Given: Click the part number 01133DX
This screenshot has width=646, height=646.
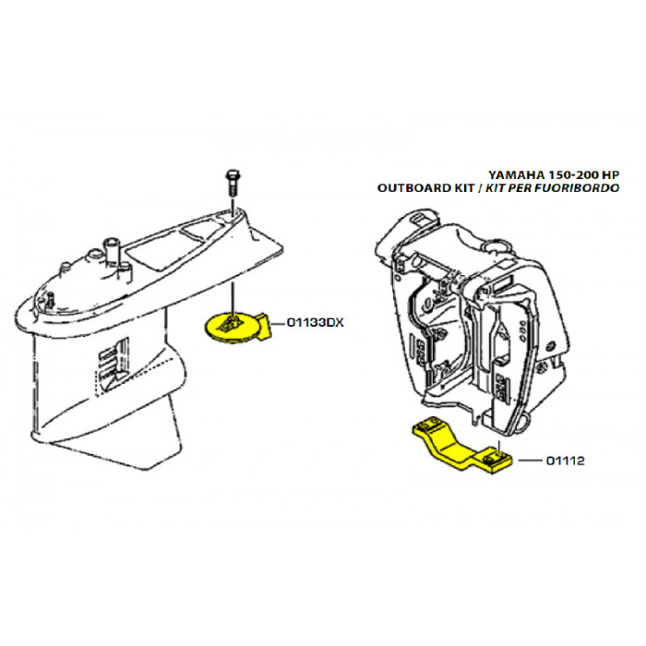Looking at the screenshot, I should pos(316,323).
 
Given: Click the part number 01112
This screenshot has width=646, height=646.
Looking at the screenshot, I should pos(566,458).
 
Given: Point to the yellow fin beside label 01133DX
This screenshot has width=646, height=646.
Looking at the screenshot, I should pos(268,323).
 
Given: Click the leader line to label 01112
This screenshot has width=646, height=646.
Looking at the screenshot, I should pos(528,458).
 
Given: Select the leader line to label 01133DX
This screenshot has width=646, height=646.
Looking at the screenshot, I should pos(281,323).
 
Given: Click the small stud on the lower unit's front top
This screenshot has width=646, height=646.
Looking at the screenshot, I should pos(51,298).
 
